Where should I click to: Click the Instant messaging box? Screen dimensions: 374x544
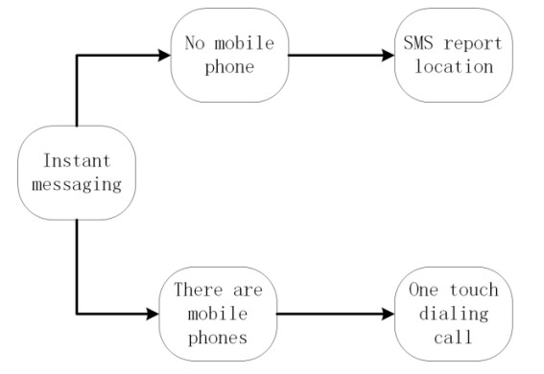76,172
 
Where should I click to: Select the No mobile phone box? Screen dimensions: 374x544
228,55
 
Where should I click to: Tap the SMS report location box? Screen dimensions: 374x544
453,55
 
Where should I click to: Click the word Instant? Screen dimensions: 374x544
76,160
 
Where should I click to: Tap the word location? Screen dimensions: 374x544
453,66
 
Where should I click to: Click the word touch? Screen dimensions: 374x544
467,290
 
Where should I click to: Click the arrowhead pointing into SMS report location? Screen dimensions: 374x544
387,55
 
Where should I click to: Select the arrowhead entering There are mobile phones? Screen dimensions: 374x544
152,313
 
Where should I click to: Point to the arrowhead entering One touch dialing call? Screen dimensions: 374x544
387,313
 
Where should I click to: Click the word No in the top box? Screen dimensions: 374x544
193,43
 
